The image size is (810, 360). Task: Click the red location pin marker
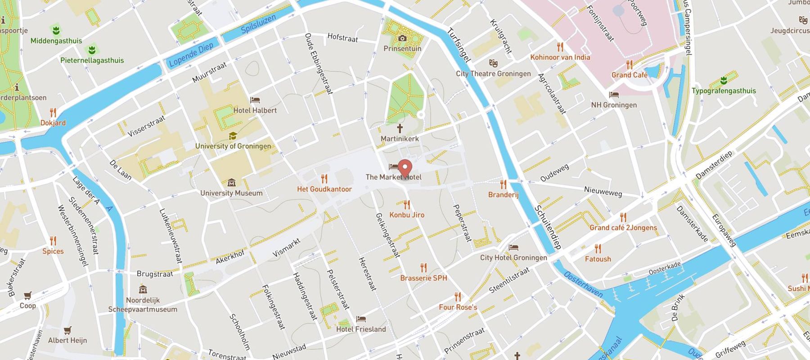tap(405, 168)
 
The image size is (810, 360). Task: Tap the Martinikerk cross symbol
tap(400, 128)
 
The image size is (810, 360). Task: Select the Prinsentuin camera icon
tap(402, 39)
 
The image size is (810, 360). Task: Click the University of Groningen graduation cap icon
tap(233, 136)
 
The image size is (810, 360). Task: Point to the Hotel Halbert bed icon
tap(255, 100)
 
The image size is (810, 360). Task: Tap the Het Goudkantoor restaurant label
tap(324, 189)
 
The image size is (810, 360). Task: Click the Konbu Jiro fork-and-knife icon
tap(407, 205)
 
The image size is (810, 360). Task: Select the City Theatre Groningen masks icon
tap(493, 63)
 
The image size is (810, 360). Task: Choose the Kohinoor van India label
tap(560, 57)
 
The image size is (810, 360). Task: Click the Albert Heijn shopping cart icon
tap(67, 331)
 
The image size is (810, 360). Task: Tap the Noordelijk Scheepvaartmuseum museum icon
tap(143, 289)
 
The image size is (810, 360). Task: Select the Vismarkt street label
tap(286, 248)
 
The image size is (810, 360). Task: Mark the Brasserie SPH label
tap(423, 278)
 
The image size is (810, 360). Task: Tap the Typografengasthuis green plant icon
tap(724, 81)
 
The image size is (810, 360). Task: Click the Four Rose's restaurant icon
tap(458, 297)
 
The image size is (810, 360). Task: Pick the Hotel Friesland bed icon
tap(361, 319)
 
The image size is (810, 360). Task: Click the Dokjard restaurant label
tap(53, 123)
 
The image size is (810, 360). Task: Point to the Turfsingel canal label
tap(459, 45)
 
